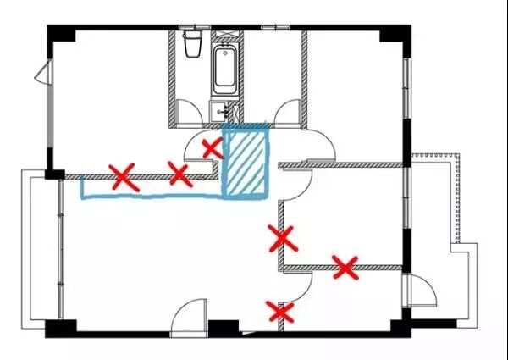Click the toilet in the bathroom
(192, 44)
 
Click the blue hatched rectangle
(246, 161)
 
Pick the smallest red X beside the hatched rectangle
(212, 148)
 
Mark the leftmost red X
(124, 176)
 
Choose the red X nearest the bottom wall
(280, 313)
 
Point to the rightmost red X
(345, 267)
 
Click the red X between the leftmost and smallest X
(179, 174)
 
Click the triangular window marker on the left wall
(40, 75)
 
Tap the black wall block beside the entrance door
(224, 327)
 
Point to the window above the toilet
(192, 29)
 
